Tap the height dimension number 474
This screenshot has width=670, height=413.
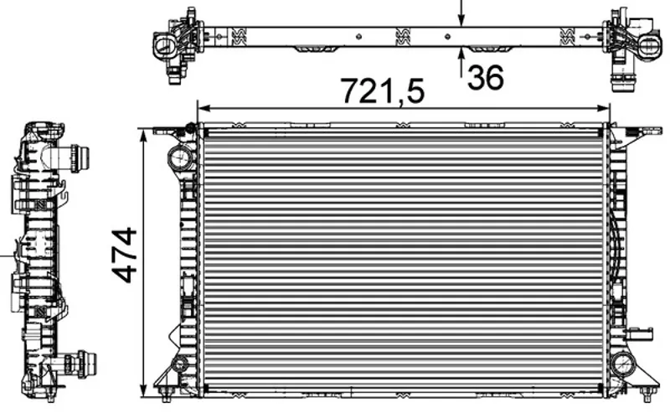[124, 256]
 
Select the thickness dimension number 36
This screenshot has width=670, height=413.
[486, 78]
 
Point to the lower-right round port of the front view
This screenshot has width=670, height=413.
[623, 364]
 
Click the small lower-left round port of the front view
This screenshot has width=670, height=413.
[179, 364]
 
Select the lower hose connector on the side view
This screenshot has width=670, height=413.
[78, 364]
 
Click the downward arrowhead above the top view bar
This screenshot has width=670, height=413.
[461, 19]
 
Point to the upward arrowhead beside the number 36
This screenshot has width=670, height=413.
[461, 54]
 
